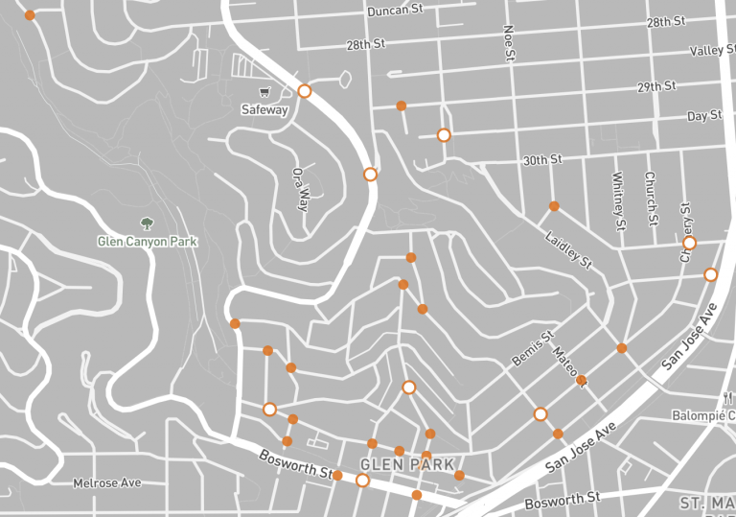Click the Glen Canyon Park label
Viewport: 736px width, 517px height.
147,242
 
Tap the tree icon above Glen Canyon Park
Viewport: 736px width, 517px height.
147,223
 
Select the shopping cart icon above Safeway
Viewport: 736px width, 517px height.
264,92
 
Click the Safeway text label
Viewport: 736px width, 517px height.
264,109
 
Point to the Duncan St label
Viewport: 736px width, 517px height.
395,11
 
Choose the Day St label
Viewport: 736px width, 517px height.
704,116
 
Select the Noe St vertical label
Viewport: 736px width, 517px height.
509,44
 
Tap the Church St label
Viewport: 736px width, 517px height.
650,199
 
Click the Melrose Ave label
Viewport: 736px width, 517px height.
107,482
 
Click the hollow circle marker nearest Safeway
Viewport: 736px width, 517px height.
305,91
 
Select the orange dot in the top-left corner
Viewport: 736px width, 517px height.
30,15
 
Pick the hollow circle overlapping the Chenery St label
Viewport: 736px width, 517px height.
689,243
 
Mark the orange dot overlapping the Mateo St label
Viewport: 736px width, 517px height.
581,381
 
